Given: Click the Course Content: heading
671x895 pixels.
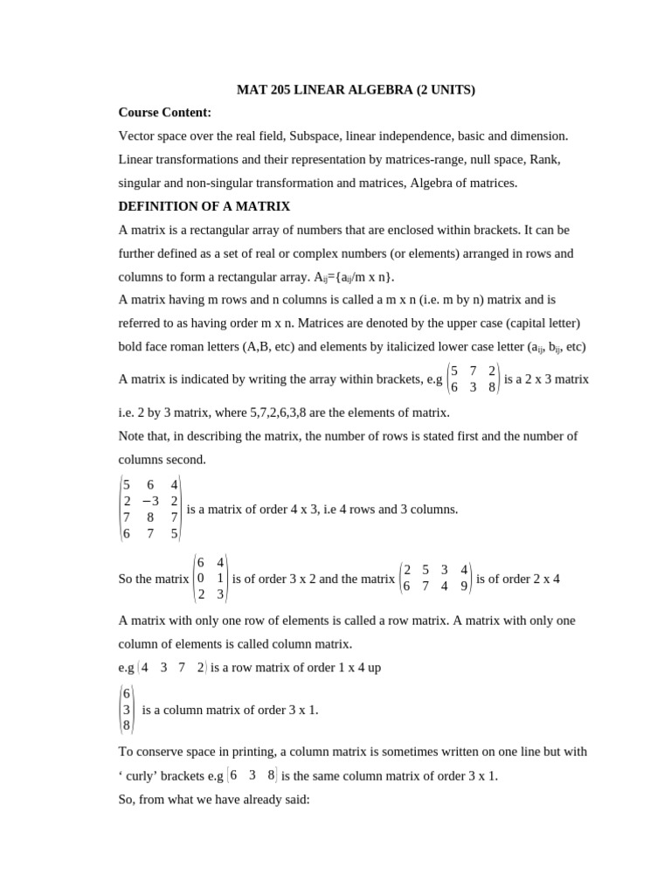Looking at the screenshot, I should pos(165,113).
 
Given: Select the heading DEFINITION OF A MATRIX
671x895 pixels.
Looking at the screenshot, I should pos(204,206).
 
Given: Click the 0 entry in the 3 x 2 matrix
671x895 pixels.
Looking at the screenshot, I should pos(202,578).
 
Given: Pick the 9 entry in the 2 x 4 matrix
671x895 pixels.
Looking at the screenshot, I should pos(463,586).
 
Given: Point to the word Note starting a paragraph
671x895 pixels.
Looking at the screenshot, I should pos(133,436).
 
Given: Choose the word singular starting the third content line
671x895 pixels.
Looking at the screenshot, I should pos(142,184).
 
